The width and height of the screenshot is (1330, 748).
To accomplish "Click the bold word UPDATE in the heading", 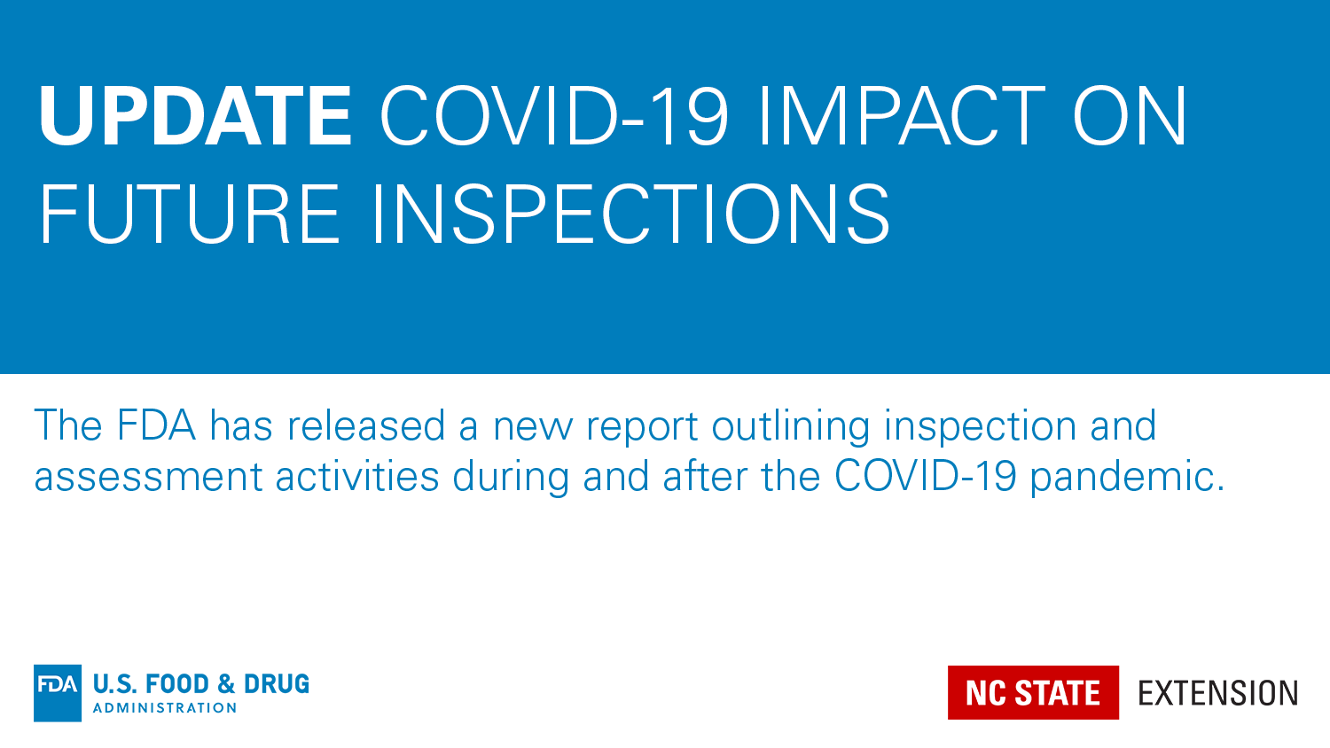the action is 195,115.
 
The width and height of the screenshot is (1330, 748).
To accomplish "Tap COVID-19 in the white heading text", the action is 553,115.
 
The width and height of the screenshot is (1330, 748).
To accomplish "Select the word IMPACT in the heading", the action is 902,115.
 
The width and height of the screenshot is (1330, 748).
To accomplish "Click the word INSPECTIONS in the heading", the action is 631,214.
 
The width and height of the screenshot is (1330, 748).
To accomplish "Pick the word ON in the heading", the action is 1130,115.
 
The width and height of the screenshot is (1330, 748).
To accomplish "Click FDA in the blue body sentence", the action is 156,425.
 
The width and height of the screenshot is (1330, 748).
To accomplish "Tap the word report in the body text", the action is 642,429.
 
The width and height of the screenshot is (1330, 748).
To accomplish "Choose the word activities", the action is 357,476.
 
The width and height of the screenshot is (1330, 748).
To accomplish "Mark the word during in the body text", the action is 511,479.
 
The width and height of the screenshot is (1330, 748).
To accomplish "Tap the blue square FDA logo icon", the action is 58,693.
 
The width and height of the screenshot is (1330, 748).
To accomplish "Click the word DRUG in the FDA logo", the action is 276,684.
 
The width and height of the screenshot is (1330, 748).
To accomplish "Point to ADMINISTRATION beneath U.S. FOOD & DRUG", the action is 164,707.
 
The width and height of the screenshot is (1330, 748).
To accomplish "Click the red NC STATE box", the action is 1033,692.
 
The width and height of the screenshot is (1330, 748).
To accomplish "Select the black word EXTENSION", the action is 1217,693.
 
